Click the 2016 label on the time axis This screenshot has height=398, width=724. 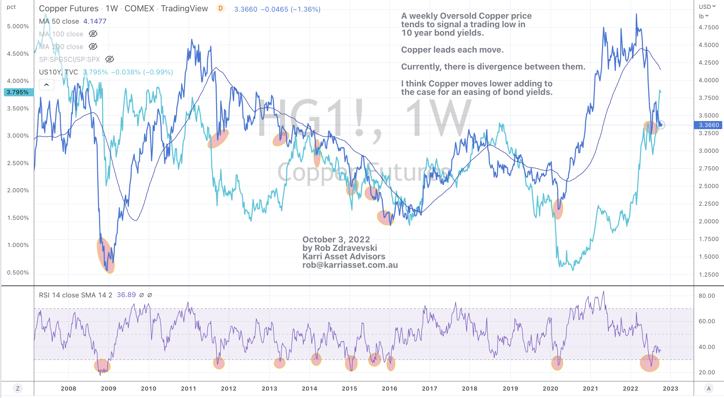pos(389,388)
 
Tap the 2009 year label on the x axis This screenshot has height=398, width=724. pos(109,388)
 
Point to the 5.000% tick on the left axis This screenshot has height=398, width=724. pos(18,26)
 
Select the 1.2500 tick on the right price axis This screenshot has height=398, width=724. pos(708,275)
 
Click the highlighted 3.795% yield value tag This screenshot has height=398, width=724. pos(18,92)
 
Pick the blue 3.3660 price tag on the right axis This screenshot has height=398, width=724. pos(708,125)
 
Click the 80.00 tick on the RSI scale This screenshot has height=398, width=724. pos(706,296)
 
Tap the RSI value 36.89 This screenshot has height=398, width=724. pos(126,295)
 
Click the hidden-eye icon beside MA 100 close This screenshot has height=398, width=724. pos(93,34)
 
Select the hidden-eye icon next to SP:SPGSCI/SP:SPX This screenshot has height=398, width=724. pos(110,59)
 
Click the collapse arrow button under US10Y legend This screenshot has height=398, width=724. pos(47,85)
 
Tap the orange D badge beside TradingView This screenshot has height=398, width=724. pos(221,8)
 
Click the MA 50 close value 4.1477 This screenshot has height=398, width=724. pos(95,21)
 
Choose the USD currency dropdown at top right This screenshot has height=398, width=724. pos(707,7)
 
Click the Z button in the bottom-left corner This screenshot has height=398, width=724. pos(18,388)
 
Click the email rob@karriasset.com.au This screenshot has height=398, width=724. pos(350,265)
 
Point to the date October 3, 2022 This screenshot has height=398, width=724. pos(336,240)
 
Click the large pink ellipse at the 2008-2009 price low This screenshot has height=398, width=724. pos(106,255)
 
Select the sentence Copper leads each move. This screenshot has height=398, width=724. pos(452,50)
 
